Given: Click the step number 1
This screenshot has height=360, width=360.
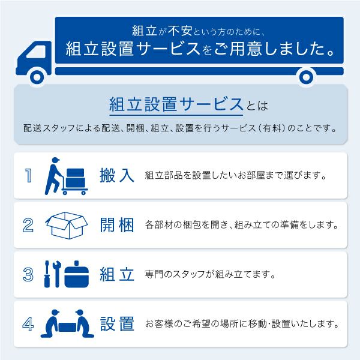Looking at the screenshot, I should click(x=28, y=176).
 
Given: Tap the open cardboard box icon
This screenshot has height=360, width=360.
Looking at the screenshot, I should click(x=67, y=226).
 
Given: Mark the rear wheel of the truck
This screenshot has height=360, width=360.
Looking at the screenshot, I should click(x=307, y=76).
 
